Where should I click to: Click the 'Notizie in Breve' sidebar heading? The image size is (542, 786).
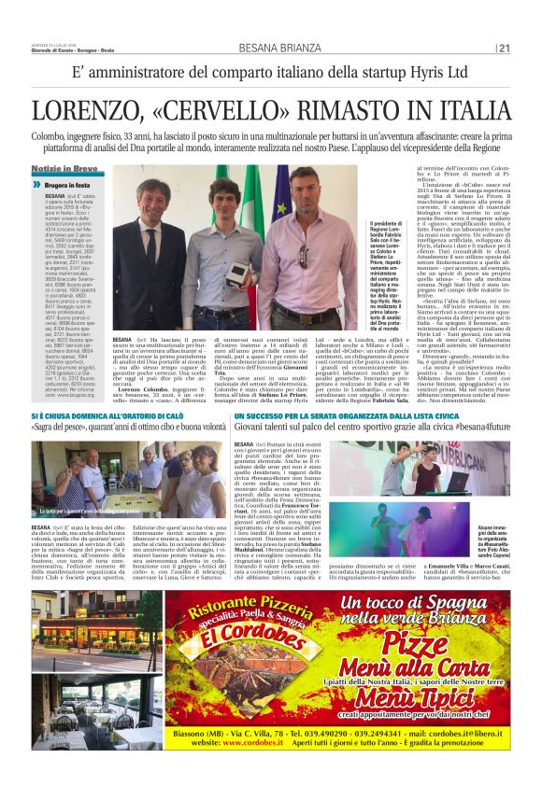(64, 167)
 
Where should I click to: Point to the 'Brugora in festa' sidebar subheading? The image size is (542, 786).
(69, 185)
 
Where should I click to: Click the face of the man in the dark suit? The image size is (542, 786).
(151, 195)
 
